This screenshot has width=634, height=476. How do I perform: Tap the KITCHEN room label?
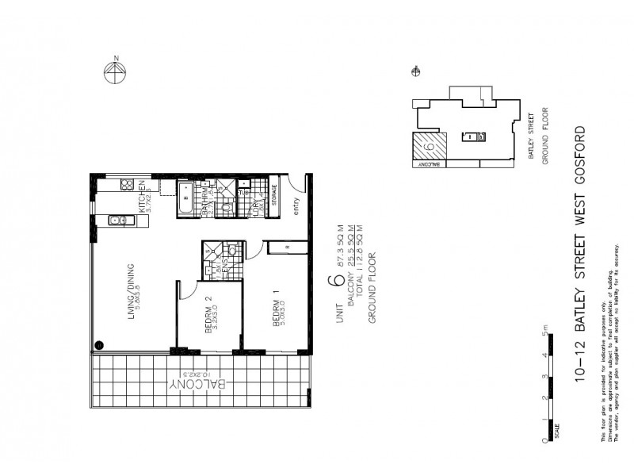pos(143,198)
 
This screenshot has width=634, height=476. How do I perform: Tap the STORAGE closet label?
pos(275,195)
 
